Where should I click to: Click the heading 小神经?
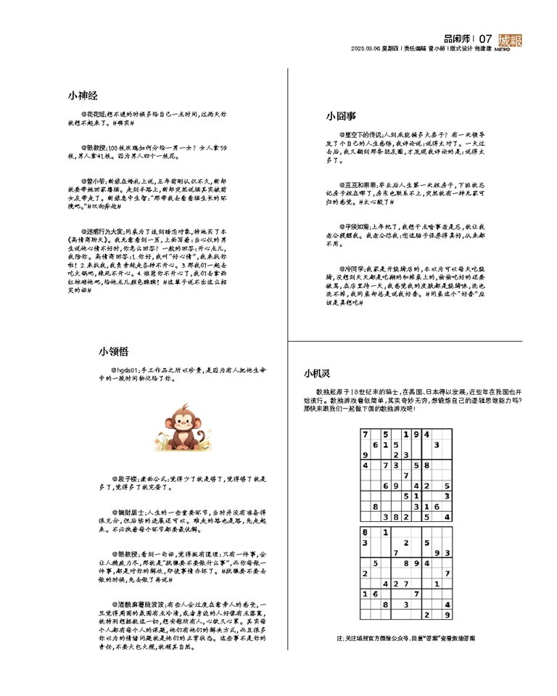tap(83, 95)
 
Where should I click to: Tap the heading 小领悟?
tap(114, 351)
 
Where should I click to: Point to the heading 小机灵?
tap(316, 374)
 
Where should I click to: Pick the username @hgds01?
tap(124, 370)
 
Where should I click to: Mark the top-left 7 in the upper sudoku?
tap(365, 434)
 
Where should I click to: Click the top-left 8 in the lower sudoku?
tap(364, 532)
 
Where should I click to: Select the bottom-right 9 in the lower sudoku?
tap(447, 614)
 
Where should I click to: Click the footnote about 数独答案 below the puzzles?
tap(405, 639)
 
